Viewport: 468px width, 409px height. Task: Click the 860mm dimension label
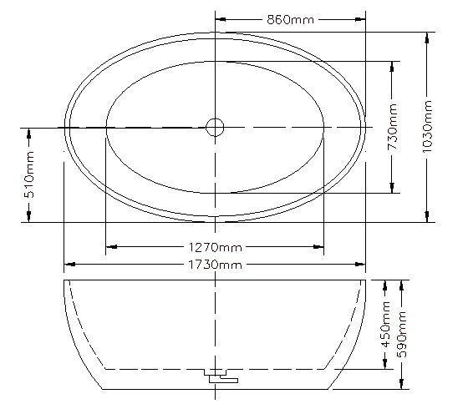[290, 19]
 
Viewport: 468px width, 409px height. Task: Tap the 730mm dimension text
[392, 128]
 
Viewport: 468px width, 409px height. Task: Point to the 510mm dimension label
[30, 176]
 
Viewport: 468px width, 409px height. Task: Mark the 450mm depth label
[387, 325]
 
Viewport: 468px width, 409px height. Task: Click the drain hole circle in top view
[216, 127]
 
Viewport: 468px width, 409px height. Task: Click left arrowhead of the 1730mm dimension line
[69, 265]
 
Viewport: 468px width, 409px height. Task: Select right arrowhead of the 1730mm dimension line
[360, 265]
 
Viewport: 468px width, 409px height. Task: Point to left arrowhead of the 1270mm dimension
[111, 247]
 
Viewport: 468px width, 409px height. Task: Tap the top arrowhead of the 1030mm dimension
[427, 37]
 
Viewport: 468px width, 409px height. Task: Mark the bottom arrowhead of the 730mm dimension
[392, 188]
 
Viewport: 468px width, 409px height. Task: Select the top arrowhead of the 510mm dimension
[30, 133]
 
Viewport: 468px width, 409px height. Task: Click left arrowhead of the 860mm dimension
[221, 19]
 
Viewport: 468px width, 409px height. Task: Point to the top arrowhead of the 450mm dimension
[387, 285]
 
